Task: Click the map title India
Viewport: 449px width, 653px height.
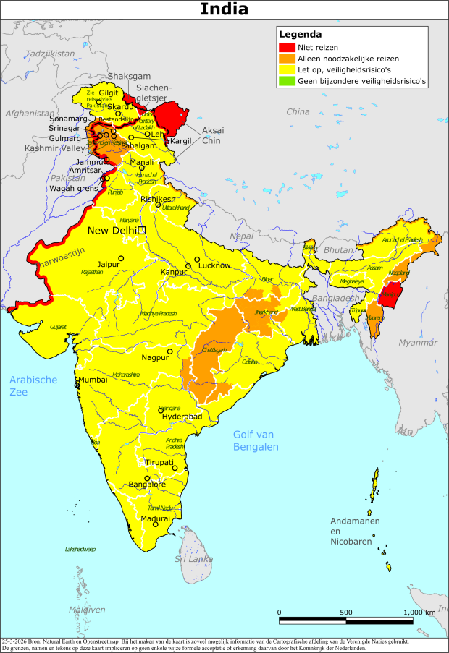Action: [x=224, y=9]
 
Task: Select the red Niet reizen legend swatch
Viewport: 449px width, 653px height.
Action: [x=285, y=47]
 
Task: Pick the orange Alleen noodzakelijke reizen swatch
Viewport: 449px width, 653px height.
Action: [x=285, y=59]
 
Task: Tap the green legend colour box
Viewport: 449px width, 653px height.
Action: [x=285, y=82]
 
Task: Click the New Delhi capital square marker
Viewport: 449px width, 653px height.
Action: [x=142, y=230]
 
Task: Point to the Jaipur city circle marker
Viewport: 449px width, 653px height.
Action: [x=122, y=258]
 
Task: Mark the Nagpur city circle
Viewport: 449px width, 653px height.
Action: [x=170, y=352]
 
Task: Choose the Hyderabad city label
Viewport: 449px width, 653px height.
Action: [x=182, y=417]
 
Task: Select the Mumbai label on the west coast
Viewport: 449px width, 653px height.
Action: [x=92, y=380]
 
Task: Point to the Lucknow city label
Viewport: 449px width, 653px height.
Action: [x=214, y=265]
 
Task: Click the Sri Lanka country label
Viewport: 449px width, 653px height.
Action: [x=193, y=559]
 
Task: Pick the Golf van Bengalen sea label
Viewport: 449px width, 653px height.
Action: [x=256, y=440]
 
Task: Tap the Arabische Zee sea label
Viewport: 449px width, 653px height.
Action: [x=33, y=385]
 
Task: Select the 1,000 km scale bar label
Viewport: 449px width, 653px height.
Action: [x=419, y=612]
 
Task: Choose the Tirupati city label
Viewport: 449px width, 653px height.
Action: [x=159, y=462]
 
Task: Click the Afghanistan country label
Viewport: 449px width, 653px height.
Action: [x=29, y=114]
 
